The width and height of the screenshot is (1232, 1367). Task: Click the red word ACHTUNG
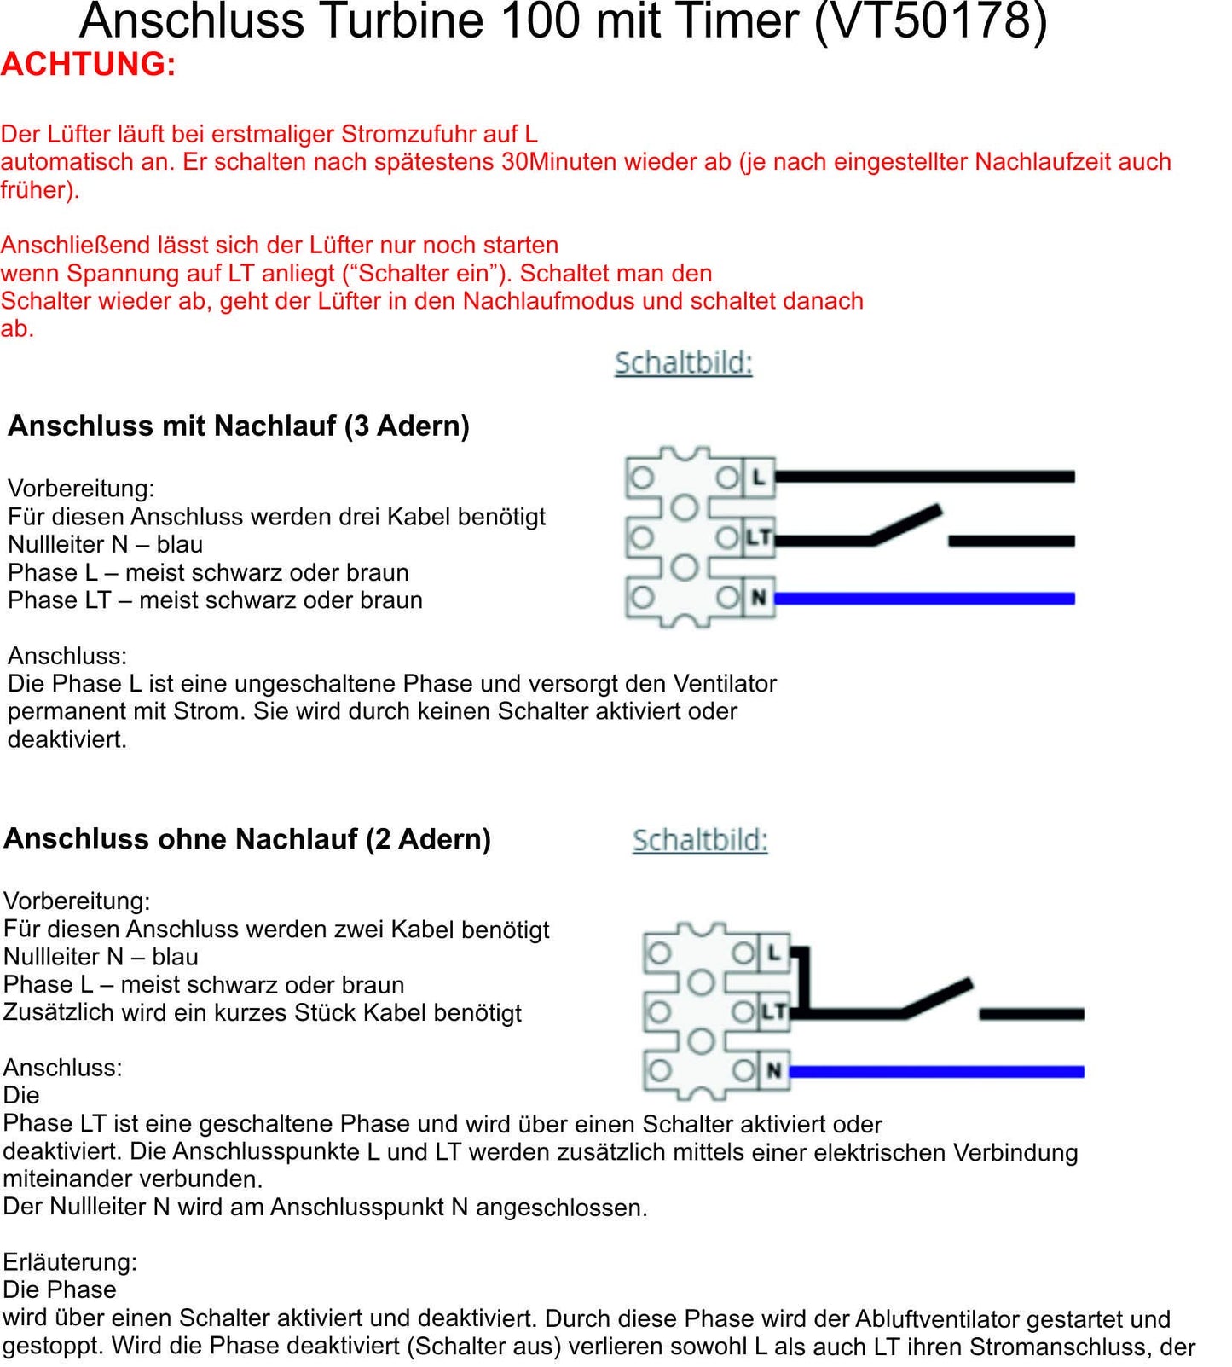click(x=88, y=65)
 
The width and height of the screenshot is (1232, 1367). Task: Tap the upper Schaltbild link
click(x=683, y=363)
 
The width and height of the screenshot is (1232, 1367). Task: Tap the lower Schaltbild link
click(x=700, y=841)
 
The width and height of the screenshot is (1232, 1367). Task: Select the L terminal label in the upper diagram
click(x=758, y=477)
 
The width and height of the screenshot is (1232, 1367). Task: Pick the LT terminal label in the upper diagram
click(x=758, y=538)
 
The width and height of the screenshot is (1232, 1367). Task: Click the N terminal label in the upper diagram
click(x=758, y=598)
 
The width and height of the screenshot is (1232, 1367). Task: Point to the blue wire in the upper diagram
click(x=924, y=599)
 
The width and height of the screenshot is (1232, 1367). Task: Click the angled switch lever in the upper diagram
click(x=905, y=524)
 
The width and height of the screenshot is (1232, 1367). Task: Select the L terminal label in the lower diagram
click(x=774, y=953)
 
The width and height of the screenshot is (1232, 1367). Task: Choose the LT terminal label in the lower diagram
click(x=773, y=1012)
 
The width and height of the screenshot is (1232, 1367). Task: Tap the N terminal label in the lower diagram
click(x=774, y=1070)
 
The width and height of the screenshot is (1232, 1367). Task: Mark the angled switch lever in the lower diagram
click(x=938, y=998)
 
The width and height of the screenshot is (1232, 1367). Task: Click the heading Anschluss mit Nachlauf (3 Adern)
click(x=239, y=426)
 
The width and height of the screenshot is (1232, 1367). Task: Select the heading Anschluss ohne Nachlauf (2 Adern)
click(x=247, y=839)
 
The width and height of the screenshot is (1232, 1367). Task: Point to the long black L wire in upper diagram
click(x=924, y=477)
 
